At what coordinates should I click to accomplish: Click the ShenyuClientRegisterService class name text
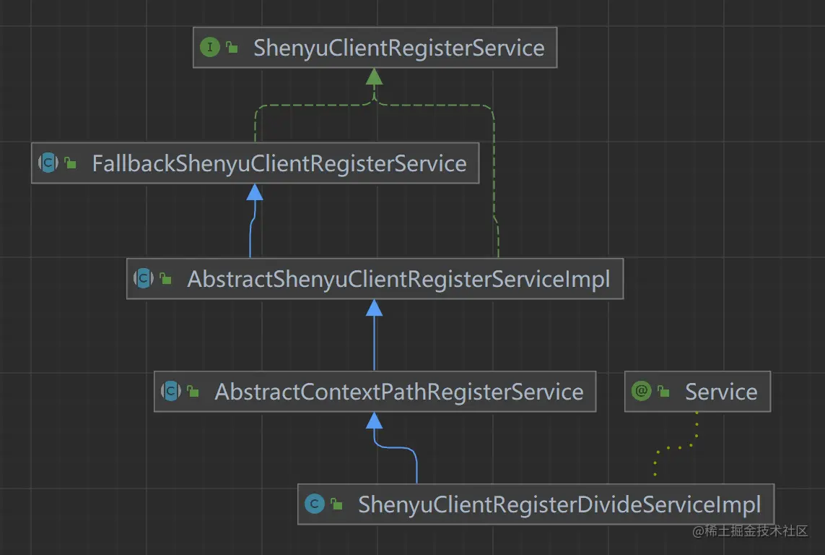[398, 48]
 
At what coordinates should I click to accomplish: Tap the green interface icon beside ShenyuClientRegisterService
[209, 48]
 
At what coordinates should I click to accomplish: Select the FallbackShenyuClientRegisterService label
[279, 163]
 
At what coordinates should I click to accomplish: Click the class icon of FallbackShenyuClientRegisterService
[48, 163]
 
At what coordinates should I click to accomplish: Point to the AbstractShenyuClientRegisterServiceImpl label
[398, 279]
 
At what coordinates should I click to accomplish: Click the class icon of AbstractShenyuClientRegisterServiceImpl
[144, 278]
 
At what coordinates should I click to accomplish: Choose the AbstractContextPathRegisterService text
[398, 392]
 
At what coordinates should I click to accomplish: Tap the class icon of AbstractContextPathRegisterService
[171, 391]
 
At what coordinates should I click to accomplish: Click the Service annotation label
[720, 392]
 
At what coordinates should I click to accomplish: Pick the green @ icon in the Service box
[641, 391]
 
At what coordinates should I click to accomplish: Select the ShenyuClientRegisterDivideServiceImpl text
[559, 504]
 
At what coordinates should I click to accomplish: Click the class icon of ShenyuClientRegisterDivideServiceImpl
[314, 504]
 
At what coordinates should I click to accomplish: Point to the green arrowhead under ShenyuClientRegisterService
[374, 77]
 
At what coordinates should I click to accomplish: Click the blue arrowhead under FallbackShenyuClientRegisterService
[254, 192]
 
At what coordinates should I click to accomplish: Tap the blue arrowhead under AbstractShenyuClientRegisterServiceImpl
[374, 308]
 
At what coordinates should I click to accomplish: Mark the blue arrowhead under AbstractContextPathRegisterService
[374, 420]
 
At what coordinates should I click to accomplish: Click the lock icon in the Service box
[663, 392]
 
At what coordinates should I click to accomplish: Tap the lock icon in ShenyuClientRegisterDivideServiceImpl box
[336, 504]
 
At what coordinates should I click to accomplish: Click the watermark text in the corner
[750, 532]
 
